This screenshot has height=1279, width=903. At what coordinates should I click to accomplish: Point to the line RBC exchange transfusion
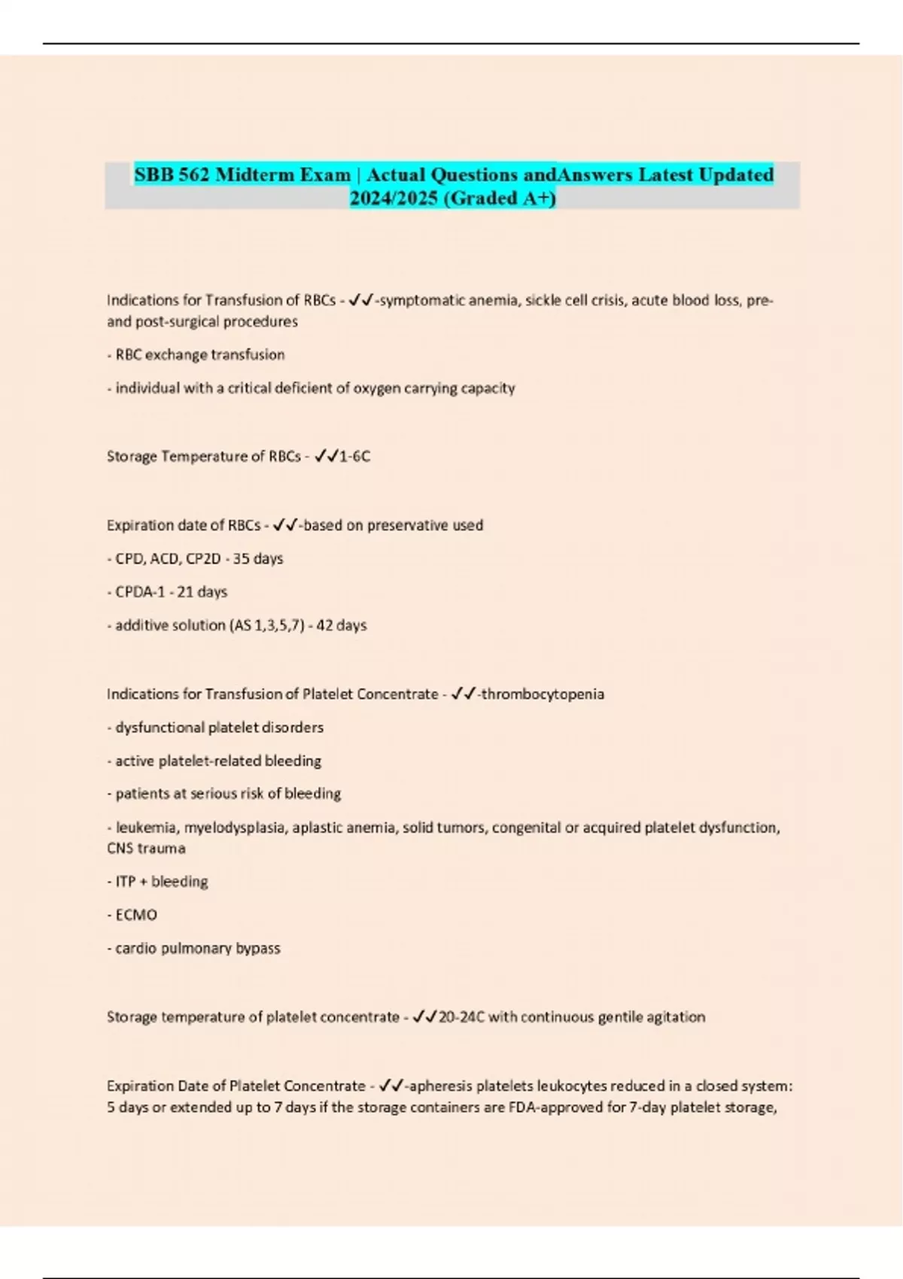[196, 354]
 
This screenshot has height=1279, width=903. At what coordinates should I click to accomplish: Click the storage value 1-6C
[355, 457]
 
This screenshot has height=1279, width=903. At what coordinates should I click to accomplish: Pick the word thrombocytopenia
[542, 694]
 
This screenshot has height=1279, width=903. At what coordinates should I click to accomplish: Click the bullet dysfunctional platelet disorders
[215, 728]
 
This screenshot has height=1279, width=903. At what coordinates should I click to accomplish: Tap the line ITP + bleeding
[157, 882]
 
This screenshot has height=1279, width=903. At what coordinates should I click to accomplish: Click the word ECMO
[136, 915]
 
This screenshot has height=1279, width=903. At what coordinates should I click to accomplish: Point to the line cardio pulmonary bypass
[193, 948]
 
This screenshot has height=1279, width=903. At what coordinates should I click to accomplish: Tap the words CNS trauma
[146, 849]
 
